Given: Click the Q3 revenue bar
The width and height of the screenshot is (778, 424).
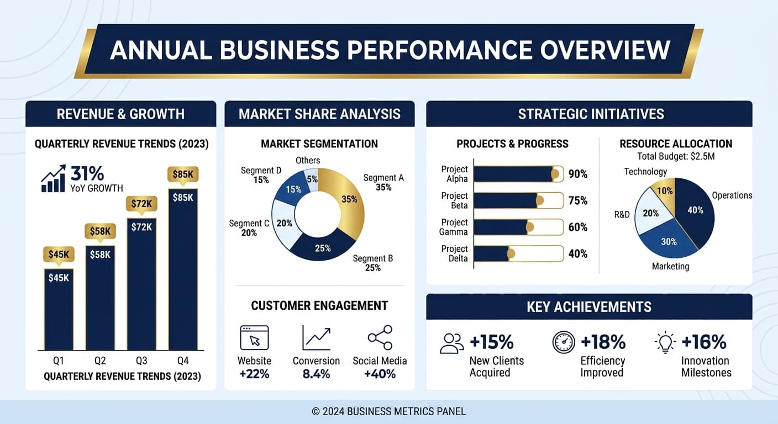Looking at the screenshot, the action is pos(141,284).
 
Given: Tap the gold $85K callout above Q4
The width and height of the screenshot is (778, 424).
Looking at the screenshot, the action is pos(183,174).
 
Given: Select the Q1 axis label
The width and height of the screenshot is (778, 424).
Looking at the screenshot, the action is pos(59,361).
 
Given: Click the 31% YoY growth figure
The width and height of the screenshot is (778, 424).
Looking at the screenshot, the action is pos(87,173).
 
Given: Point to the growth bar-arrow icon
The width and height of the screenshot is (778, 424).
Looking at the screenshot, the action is pos(53,178).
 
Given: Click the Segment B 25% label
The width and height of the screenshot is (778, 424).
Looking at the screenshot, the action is pos(372,263).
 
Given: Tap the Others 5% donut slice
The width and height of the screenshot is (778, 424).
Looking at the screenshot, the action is pos(311,179).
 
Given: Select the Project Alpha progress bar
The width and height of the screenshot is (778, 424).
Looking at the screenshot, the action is pos(518,174).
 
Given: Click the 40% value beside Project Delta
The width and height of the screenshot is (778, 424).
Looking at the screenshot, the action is pos(578,254).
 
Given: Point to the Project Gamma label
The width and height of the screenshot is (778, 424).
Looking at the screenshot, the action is pos(454,227).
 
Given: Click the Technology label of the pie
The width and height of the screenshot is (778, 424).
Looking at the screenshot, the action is pos(645,172).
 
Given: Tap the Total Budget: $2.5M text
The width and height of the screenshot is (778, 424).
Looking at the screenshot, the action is pos(676,156).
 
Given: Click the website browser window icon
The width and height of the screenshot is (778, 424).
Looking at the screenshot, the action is pos(254,338).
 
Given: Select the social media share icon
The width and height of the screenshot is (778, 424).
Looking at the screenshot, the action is pos(380,337).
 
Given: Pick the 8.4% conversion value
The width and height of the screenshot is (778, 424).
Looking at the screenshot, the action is pos(316,374).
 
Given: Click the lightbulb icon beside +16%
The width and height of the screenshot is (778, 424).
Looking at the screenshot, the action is pos(665,342).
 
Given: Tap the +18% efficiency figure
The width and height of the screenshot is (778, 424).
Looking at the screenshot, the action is pos(603,342).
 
